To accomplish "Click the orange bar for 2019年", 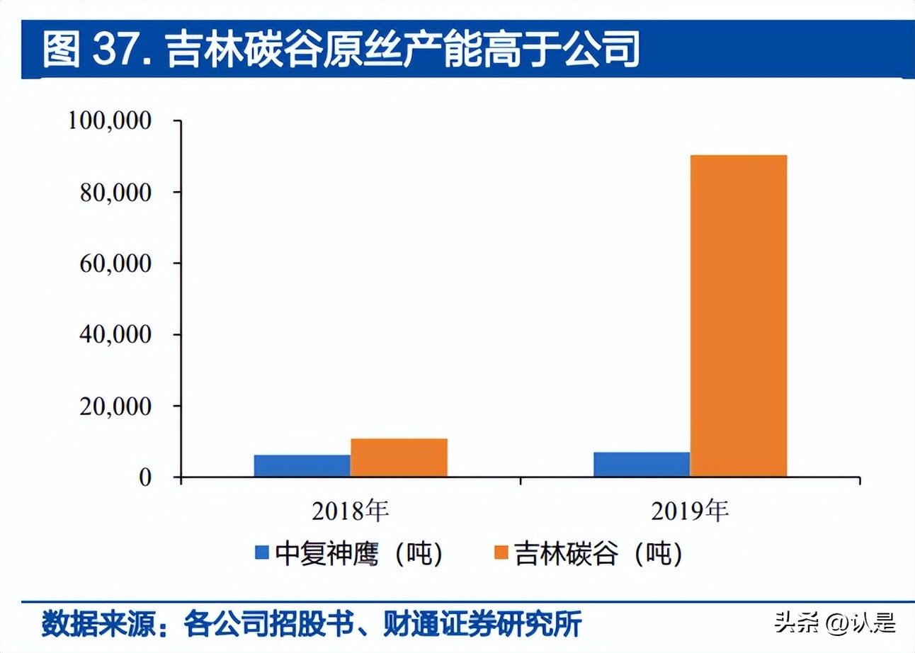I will click(x=738, y=315).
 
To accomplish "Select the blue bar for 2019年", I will click(x=642, y=464).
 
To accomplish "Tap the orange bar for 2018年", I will click(x=399, y=458).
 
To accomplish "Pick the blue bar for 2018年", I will click(x=302, y=465).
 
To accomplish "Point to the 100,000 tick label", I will click(x=110, y=121).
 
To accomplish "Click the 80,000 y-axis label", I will click(x=115, y=192).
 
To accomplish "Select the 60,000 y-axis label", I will click(x=115, y=263).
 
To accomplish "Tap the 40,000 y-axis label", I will click(x=115, y=335).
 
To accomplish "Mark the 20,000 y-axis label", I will click(x=115, y=406).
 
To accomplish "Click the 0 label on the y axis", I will click(x=144, y=477).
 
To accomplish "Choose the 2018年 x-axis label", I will click(x=351, y=511).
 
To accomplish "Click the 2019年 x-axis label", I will click(x=690, y=511).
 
